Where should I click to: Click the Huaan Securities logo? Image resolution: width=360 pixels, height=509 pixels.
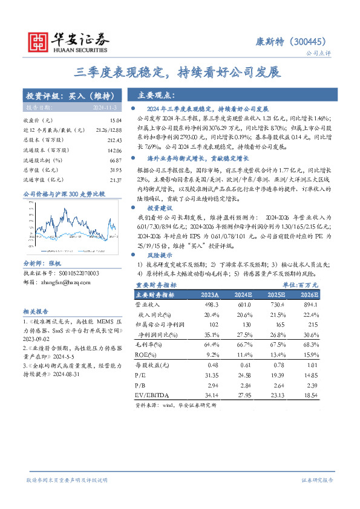pos(67,41)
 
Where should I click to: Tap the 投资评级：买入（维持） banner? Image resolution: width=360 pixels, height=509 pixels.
pos(68,96)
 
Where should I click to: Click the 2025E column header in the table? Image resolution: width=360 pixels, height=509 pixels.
pos(274,295)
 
